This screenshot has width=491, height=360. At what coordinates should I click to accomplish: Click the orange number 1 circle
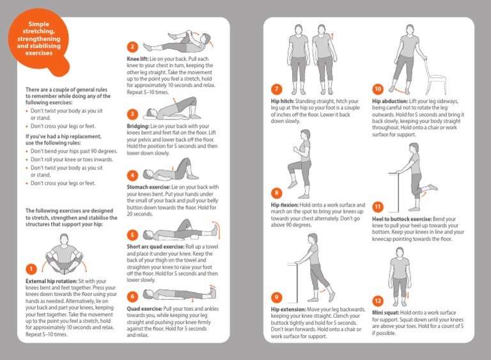point(30,269)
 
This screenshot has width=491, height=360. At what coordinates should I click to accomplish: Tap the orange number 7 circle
point(276,89)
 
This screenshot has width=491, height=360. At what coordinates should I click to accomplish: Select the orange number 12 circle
point(378,301)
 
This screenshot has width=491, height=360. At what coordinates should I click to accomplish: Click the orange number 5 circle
point(132,235)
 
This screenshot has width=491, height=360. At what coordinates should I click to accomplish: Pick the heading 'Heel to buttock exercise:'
point(402,219)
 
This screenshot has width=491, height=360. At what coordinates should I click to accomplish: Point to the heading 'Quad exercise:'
point(144,308)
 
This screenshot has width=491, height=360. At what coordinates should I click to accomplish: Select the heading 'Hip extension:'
point(289,309)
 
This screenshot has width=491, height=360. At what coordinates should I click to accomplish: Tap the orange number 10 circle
point(378,89)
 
